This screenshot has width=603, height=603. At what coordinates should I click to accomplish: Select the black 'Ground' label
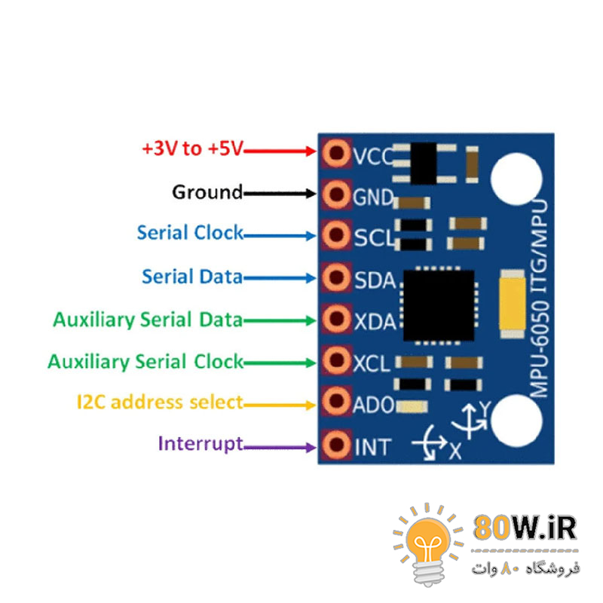[207, 192]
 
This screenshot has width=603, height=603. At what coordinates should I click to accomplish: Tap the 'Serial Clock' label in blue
[190, 233]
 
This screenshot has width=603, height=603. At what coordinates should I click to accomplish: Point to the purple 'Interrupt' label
[200, 443]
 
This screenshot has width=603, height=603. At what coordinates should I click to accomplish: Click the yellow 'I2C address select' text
[160, 402]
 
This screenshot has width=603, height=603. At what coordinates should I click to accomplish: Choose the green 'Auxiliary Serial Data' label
[148, 320]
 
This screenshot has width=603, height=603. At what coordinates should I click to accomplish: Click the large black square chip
[438, 304]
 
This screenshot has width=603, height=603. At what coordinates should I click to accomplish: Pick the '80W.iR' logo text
[525, 528]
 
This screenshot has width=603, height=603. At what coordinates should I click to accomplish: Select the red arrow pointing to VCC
[280, 151]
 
